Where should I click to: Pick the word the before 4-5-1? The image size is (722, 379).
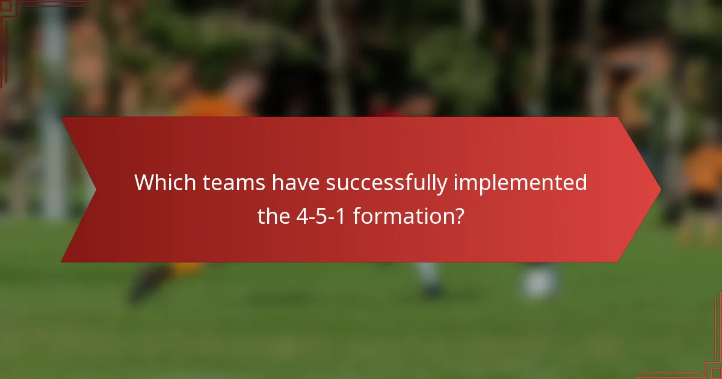[x=274, y=215]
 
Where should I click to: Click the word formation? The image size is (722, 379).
[x=401, y=215]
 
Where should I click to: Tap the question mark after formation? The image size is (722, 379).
[x=458, y=215]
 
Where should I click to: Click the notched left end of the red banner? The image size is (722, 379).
[x=84, y=190]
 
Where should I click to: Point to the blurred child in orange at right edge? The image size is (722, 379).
[x=703, y=174]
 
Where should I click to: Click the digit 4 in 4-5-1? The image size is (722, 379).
[x=301, y=215]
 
